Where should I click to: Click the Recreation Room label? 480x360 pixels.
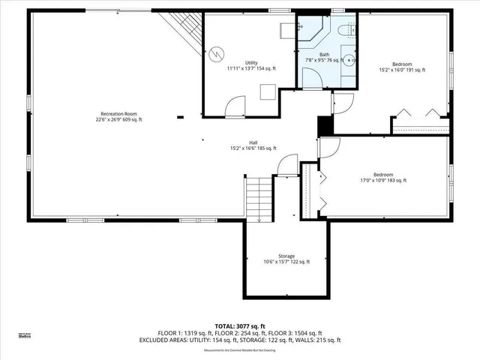118,112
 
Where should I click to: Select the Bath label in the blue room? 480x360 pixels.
324,54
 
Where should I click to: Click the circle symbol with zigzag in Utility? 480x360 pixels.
217,54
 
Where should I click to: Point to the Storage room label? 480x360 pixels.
286,256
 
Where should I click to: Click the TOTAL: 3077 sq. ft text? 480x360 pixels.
240,326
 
